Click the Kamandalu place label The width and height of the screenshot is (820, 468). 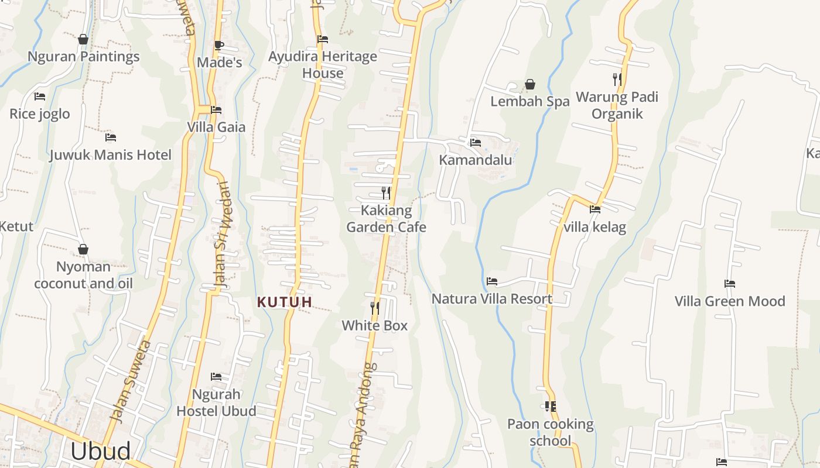click(x=475, y=160)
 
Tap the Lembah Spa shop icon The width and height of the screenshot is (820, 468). click(x=530, y=85)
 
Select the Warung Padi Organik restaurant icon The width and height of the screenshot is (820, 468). click(x=617, y=79)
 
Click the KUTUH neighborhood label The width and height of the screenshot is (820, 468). click(x=285, y=302)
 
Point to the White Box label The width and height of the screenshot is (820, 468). click(x=374, y=325)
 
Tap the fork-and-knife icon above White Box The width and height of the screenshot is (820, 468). click(x=374, y=308)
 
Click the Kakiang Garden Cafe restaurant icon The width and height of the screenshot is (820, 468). click(x=385, y=192)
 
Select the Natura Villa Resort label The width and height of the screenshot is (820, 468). click(x=492, y=299)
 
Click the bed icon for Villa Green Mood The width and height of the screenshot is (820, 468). click(x=729, y=284)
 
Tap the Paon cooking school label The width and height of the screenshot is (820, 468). click(x=550, y=432)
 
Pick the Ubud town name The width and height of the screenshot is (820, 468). click(x=100, y=452)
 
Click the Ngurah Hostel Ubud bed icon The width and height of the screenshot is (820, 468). click(x=216, y=377)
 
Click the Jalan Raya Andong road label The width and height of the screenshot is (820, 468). click(x=361, y=415)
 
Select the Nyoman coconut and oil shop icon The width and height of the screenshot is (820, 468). click(x=83, y=249)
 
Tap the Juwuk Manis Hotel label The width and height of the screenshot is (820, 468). click(x=110, y=155)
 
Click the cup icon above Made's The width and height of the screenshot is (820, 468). click(x=218, y=45)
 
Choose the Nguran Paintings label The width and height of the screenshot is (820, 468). click(x=84, y=57)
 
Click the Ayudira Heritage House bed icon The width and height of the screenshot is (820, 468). click(x=322, y=39)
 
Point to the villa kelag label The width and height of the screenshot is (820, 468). click(x=594, y=227)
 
